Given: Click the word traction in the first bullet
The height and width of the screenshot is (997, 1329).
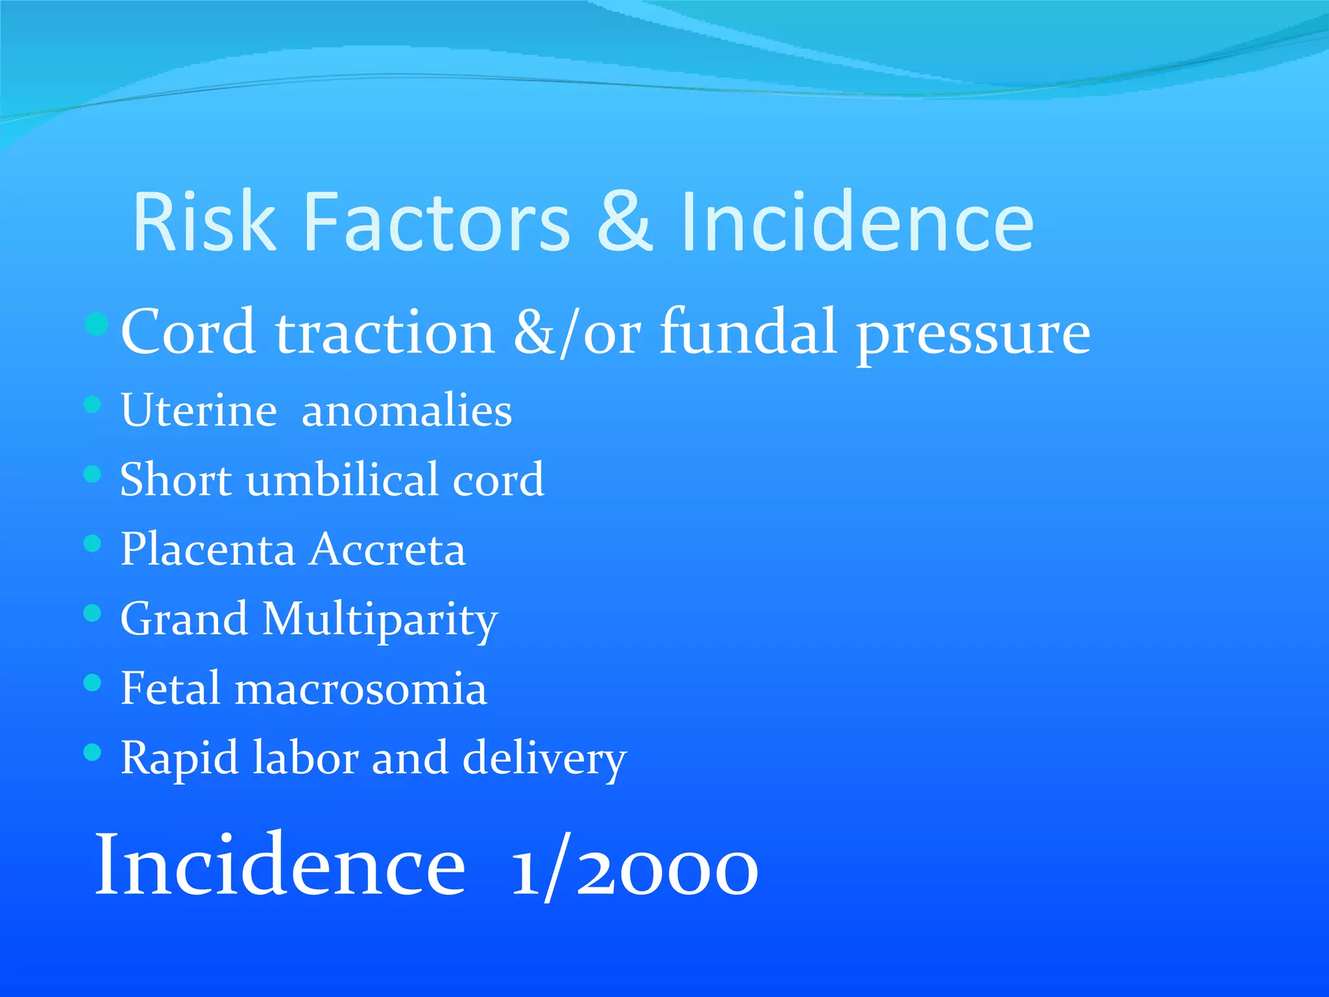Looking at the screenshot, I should [385, 332].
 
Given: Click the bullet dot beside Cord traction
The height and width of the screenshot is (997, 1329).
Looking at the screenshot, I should [96, 325].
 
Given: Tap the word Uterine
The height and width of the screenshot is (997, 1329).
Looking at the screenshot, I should [199, 410].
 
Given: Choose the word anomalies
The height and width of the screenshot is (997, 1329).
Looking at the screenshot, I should [407, 410].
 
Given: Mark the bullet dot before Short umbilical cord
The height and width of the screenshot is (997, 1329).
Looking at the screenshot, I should [93, 474].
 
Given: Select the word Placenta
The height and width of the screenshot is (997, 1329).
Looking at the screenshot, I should [208, 549].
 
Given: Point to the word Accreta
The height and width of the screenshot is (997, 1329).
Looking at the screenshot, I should [387, 549].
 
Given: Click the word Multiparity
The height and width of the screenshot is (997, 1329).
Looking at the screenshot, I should [380, 620].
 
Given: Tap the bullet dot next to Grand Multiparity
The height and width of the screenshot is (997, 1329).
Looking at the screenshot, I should [93, 613].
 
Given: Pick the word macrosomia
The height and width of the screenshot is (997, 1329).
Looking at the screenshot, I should [361, 689].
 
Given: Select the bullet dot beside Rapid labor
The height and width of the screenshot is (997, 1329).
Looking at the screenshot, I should [93, 752].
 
